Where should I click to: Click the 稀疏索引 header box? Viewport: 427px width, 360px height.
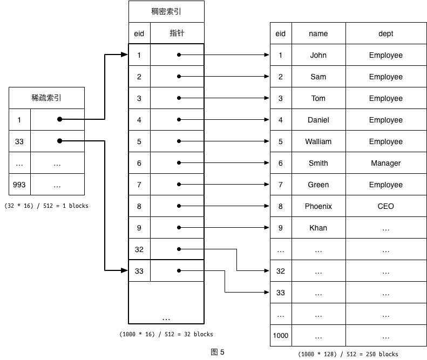point(46,98)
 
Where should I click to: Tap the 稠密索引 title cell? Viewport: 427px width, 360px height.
point(166,11)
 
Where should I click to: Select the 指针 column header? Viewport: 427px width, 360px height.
point(177,33)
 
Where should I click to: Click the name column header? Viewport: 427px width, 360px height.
point(318,33)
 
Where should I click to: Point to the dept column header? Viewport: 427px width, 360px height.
point(385,33)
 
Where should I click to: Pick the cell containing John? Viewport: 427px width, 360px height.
point(318,55)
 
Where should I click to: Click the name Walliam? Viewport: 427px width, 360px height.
point(318,141)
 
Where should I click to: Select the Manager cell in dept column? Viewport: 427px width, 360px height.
point(385,163)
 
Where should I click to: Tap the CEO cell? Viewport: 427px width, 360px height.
point(385,206)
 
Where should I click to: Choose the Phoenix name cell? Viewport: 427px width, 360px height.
point(318,206)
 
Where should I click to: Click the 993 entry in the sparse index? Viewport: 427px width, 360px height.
point(19,185)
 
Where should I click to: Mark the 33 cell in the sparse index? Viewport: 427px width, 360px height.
point(19,141)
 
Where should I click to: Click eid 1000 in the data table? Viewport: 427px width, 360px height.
point(280,336)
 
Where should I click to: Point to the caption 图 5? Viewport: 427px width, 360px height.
point(217,352)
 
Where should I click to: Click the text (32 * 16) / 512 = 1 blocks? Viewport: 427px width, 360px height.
point(46,206)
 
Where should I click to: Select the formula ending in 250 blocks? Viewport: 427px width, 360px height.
point(348,354)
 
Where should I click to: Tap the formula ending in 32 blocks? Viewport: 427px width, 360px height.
point(166,334)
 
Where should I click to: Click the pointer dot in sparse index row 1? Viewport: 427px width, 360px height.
point(59,119)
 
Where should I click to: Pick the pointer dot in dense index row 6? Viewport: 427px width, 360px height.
point(179,163)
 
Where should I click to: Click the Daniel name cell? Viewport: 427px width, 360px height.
point(318,120)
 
